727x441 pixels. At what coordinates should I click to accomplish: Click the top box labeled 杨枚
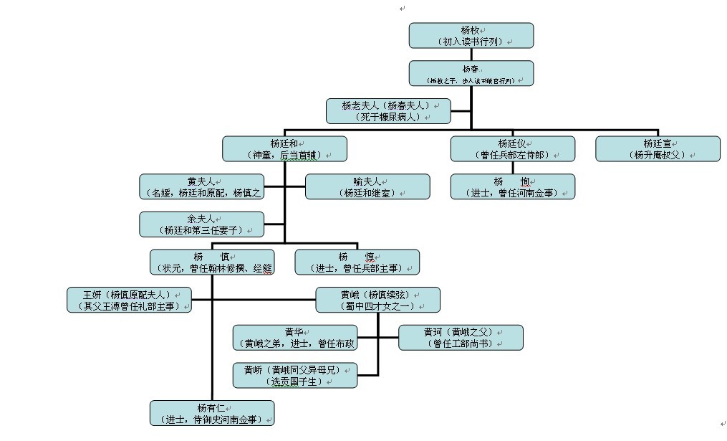click(471, 35)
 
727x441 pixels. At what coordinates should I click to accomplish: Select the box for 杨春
click(471, 73)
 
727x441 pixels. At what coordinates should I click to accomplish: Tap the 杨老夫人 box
click(387, 110)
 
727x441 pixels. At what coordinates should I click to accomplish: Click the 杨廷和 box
click(284, 148)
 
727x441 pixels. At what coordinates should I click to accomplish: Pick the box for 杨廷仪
click(512, 148)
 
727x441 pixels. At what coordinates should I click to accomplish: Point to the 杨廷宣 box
click(658, 148)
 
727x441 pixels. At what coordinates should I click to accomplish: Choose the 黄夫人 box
click(201, 186)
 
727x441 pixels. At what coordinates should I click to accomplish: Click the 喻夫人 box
click(367, 186)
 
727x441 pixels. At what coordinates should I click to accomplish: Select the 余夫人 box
click(201, 224)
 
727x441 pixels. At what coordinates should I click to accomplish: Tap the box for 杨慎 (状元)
click(212, 262)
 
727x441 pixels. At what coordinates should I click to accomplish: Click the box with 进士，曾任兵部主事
click(357, 262)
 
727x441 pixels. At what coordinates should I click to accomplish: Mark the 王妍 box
click(129, 299)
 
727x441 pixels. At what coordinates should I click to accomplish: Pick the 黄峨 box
click(377, 299)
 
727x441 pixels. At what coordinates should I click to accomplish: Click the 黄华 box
click(295, 337)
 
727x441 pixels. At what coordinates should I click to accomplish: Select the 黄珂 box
click(461, 337)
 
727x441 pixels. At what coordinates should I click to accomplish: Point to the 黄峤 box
click(295, 375)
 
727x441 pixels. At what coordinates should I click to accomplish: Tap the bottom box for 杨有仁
click(212, 413)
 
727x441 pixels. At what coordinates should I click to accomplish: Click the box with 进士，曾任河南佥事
click(512, 186)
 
